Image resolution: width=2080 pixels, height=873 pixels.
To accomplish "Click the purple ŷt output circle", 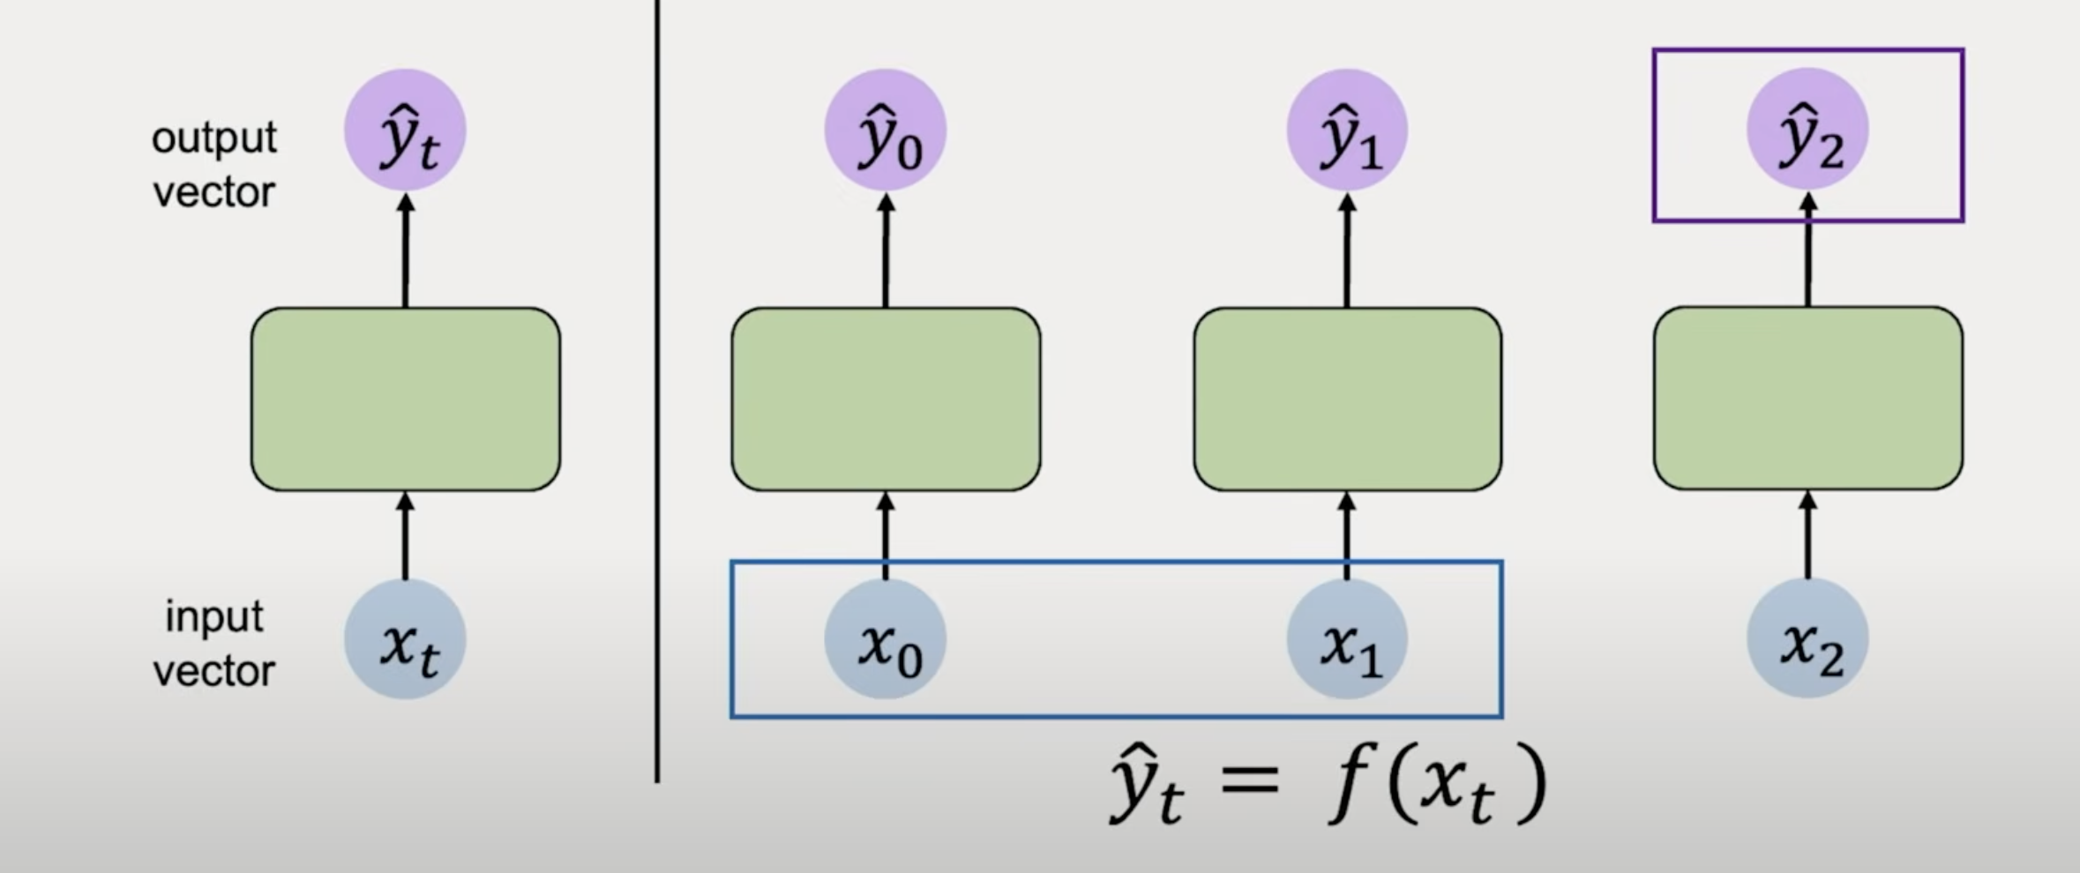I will click(405, 131).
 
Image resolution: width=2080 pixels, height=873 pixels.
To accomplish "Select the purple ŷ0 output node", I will click(886, 131).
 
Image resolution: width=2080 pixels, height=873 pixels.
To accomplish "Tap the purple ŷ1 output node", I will click(1347, 131).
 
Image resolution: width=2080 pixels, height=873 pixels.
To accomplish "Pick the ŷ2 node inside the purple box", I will click(1807, 131).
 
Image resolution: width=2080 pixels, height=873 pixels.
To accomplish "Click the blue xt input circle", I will click(405, 639).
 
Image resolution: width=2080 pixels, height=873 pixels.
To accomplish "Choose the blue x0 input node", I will click(886, 639).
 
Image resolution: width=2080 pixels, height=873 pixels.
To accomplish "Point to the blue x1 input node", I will click(1347, 639).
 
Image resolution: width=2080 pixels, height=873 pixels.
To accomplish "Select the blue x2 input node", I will click(1807, 639).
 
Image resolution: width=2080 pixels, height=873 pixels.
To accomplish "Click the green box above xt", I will click(405, 399).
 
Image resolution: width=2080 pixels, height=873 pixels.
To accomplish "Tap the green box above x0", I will click(886, 399).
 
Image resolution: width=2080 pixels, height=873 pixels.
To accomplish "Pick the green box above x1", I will click(1347, 399).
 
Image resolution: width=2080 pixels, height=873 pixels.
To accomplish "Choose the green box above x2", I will click(1807, 399).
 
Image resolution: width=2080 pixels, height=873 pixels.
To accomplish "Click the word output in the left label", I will click(214, 138).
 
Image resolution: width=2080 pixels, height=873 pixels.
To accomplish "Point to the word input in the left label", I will click(214, 617).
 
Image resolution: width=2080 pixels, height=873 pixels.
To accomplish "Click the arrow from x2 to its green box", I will click(1807, 534).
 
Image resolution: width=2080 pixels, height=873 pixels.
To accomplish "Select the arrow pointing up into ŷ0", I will click(886, 250).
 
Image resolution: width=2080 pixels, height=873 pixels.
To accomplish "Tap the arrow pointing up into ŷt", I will click(405, 250).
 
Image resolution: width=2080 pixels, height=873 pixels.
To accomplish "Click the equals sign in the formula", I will click(1250, 780).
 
